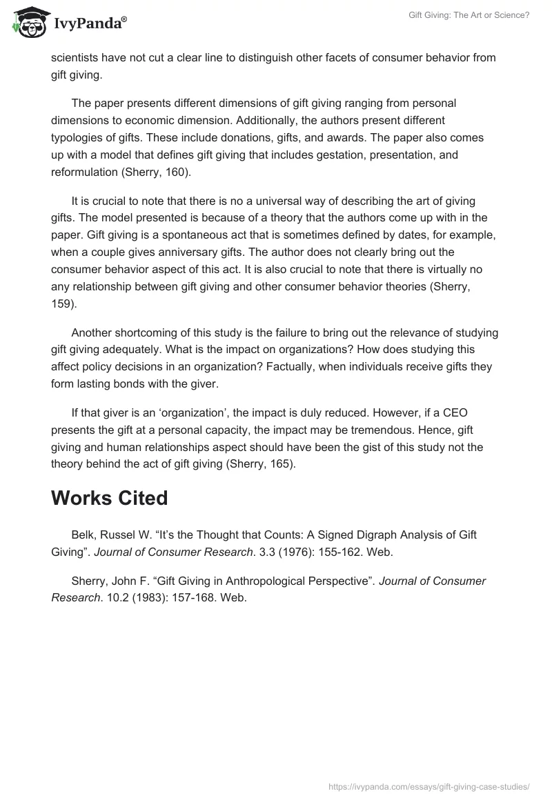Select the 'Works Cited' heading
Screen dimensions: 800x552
[109, 498]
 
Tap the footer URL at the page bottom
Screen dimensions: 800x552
[428, 786]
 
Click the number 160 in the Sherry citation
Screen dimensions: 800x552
[175, 172]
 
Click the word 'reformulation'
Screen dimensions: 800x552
[85, 172]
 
